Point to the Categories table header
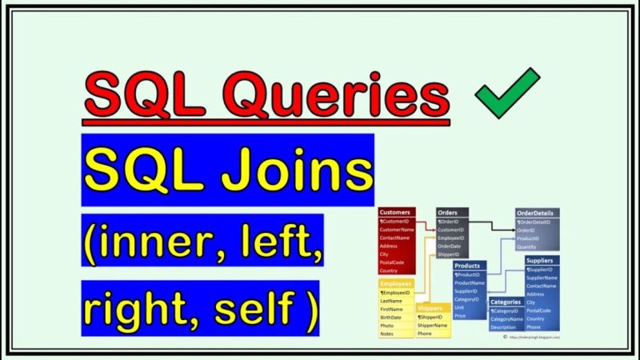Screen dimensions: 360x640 point(506,302)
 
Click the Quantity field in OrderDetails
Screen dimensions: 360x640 point(528,247)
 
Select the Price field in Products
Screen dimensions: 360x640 point(461,316)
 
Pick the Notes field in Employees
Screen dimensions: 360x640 point(388,334)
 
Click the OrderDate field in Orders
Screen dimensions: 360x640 point(450,246)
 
